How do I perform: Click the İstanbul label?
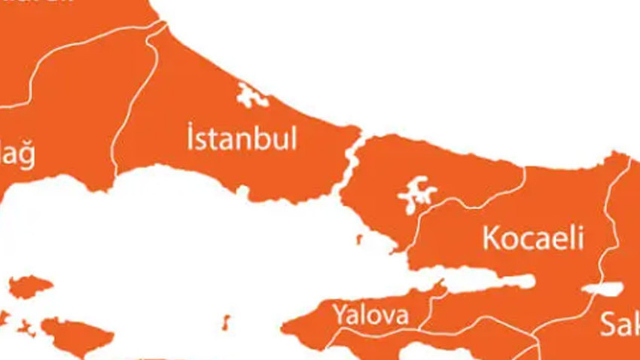coord(241,139)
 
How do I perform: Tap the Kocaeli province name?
coord(533,239)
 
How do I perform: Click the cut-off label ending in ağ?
coord(17,156)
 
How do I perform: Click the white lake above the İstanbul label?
coord(251,96)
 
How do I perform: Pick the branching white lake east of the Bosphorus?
coord(416,194)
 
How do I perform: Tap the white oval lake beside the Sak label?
coord(602,288)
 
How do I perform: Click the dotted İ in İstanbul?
coord(190,138)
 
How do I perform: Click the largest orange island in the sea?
coord(75,336)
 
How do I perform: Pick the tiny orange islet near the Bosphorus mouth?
coord(359,239)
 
